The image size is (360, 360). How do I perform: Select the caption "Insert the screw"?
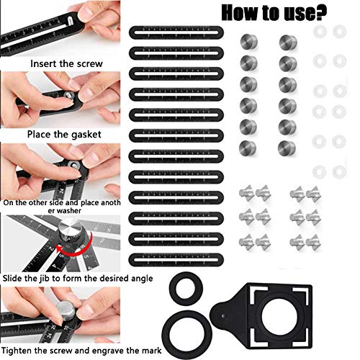(x=66, y=63)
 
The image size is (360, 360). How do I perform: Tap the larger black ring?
(x=187, y=325)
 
